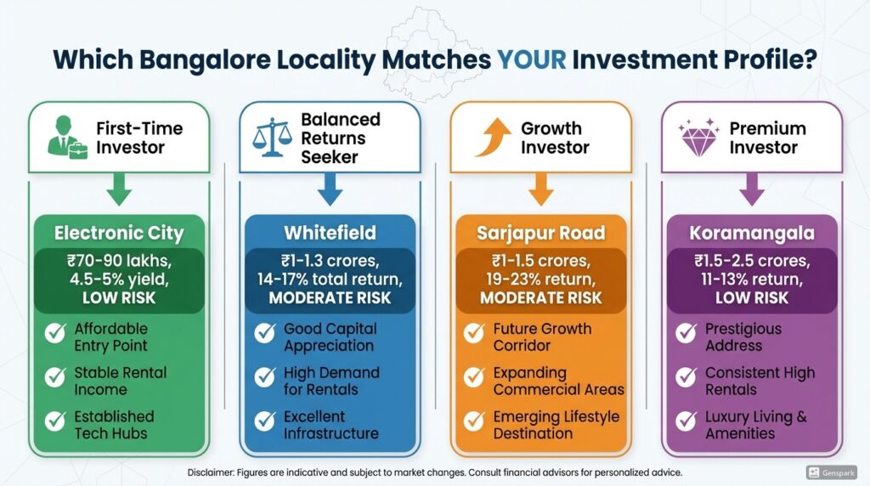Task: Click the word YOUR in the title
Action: pos(532,59)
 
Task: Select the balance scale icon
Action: pos(272,137)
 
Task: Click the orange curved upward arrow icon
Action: pos(492,137)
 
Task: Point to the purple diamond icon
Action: pos(698,137)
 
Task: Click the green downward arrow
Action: pos(119,189)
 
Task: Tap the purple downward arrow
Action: pos(752,189)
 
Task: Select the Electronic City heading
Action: pos(119,233)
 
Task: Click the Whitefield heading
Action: pos(330,233)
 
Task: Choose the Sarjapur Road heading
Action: pos(541,233)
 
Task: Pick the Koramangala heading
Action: pos(752,233)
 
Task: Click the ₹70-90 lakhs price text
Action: pos(119,261)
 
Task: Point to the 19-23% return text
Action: pos(541,279)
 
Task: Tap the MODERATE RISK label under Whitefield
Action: pos(330,298)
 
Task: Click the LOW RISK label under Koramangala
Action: pos(752,298)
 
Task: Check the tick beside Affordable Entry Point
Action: pos(55,333)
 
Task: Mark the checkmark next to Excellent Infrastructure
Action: pos(265,421)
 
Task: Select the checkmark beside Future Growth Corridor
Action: pos(474,333)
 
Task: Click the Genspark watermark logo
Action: pos(831,472)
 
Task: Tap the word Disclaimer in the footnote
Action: pos(211,472)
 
